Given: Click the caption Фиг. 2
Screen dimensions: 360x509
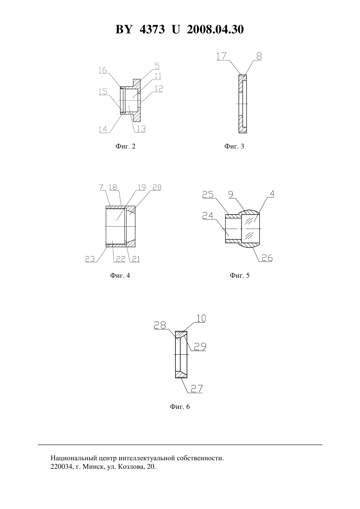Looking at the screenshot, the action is [x=125, y=146].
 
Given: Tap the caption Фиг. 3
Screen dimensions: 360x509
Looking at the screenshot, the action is [x=234, y=146].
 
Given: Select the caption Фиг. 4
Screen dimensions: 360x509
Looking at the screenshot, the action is [x=120, y=275].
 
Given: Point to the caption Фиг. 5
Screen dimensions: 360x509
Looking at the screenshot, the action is [x=240, y=275].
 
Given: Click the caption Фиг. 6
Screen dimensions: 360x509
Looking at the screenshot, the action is [x=180, y=407].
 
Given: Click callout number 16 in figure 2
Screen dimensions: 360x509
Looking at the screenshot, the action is [x=103, y=70].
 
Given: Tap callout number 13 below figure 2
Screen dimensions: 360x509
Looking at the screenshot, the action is [x=141, y=129].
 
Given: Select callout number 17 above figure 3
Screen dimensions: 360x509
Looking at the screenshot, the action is [x=221, y=56].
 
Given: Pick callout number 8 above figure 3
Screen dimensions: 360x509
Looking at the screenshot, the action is [x=259, y=56].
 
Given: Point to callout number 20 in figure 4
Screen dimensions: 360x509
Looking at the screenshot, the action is [x=157, y=187].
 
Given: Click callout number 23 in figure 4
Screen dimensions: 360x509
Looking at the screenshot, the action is [x=90, y=259].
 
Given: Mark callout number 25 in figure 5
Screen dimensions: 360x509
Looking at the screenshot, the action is [x=208, y=195].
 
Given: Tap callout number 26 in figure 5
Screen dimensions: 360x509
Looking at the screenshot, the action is [x=267, y=258].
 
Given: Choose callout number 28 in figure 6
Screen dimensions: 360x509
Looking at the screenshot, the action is [x=160, y=325].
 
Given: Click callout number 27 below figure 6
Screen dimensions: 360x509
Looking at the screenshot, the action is [x=197, y=389].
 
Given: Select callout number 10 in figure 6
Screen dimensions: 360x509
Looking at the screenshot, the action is [x=201, y=318].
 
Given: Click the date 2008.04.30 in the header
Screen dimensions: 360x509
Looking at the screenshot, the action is [x=215, y=29].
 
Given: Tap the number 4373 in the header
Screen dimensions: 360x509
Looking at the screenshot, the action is [x=152, y=29].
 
